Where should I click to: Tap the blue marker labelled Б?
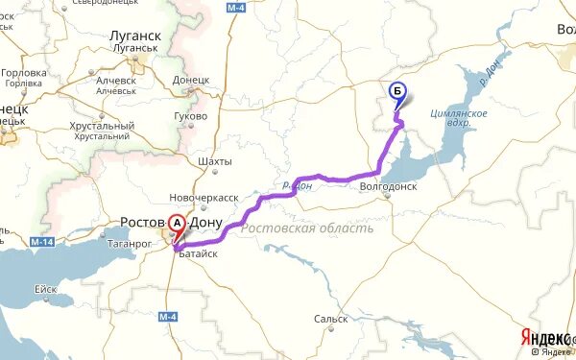pos(397,93)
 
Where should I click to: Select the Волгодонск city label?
pos(387,187)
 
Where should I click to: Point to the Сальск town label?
pos(330,319)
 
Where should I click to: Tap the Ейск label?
pos(45,288)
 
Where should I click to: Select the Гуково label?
pos(191,116)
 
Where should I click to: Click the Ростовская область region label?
pos(307,228)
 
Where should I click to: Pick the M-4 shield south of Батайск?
pos(169,318)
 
